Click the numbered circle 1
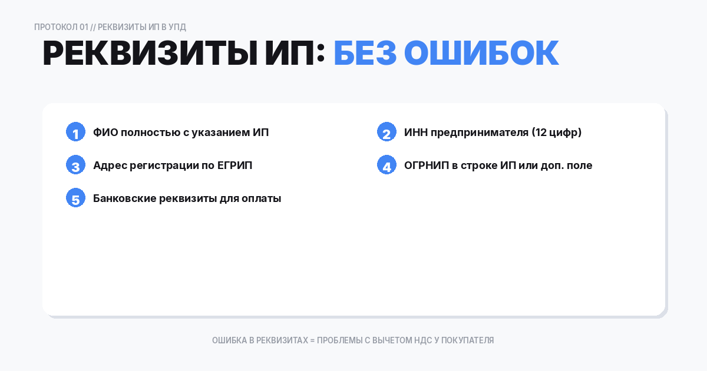pos(75,132)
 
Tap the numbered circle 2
pos(386,132)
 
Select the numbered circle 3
pos(75,165)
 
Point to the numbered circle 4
pos(386,165)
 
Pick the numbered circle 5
pos(75,198)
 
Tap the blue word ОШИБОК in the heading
pos(481,54)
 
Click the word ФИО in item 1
pos(105,132)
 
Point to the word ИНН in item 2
pos(416,132)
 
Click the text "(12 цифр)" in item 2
pos(557,132)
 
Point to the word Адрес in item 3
pos(108,165)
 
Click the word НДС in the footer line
pos(421,340)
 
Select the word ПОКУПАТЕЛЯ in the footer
pos(468,340)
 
